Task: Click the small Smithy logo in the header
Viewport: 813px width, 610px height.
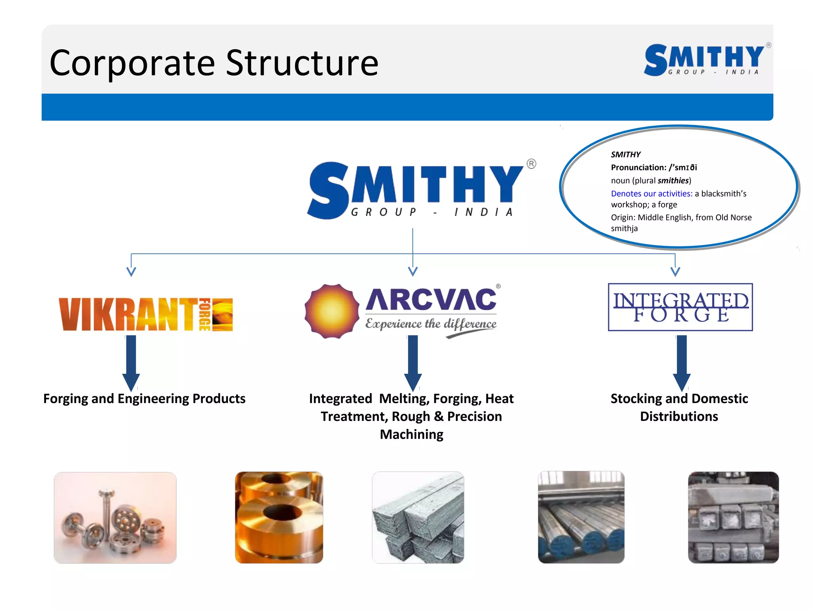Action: coord(705,60)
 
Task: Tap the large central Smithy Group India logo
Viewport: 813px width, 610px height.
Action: coord(417,190)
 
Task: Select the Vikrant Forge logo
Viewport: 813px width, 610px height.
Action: coord(146,315)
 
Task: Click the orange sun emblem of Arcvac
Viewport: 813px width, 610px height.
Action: coord(332,311)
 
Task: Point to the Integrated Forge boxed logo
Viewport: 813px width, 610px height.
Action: coord(680,307)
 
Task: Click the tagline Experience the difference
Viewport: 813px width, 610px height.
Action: coord(431,324)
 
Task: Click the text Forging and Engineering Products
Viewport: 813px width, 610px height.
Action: coord(144,399)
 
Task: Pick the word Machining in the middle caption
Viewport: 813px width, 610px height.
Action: coord(411,434)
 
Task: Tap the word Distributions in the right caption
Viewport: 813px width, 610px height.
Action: coord(679,417)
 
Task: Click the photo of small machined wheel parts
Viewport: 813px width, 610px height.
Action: coord(115,517)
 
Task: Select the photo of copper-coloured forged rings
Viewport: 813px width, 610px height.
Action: coord(279,517)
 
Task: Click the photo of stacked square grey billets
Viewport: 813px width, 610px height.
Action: coord(418,517)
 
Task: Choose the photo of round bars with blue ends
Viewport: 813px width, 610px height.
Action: coord(581,517)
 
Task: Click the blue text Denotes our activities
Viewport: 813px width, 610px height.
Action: coord(651,194)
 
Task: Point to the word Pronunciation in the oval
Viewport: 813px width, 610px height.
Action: coord(638,168)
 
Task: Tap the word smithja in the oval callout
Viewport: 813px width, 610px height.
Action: coord(624,229)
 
